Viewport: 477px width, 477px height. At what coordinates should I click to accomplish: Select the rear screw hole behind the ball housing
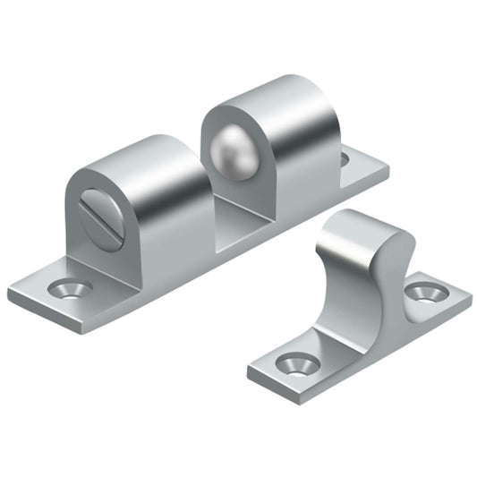pos(345,158)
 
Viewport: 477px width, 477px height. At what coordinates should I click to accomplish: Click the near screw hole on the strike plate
pos(294,362)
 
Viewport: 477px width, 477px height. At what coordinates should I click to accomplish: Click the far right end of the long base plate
pos(387,166)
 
